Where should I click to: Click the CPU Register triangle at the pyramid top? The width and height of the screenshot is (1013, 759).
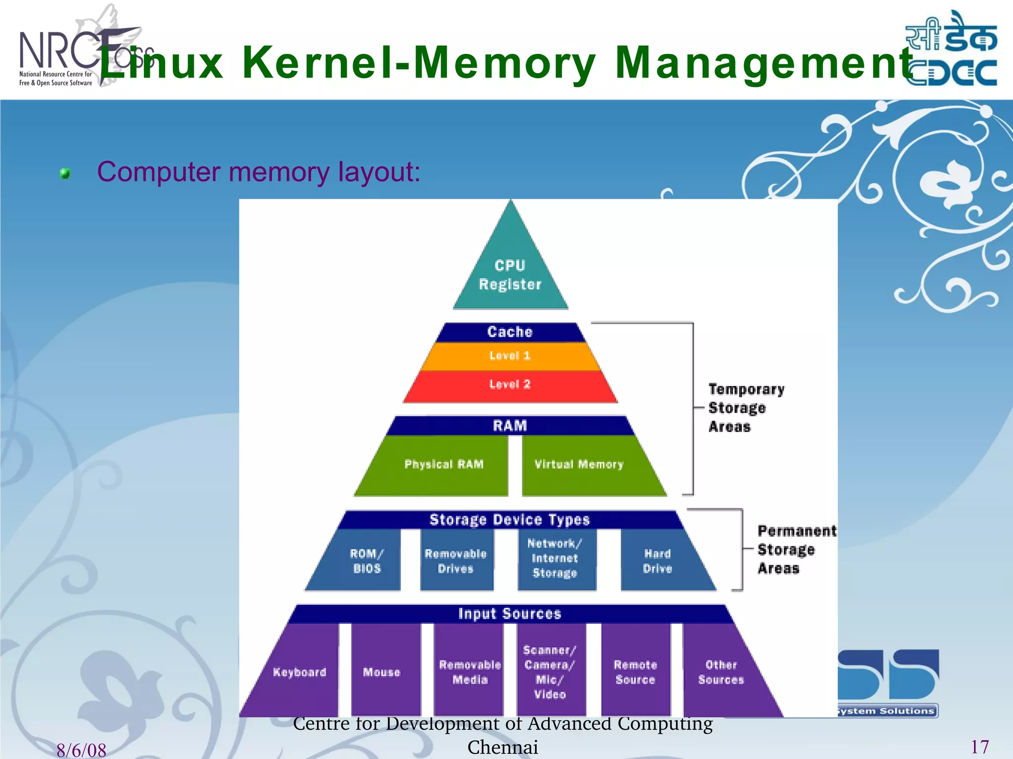click(510, 274)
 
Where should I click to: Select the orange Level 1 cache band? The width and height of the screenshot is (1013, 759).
click(510, 356)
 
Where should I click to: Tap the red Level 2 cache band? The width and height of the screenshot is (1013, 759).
click(510, 384)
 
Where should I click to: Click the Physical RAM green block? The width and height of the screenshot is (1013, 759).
click(443, 464)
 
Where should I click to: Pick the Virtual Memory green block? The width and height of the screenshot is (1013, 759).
click(579, 464)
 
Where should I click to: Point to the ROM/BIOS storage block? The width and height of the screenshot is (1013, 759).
click(367, 561)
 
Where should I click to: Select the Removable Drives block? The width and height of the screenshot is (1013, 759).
click(456, 561)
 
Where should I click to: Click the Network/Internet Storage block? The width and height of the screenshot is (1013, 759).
click(555, 558)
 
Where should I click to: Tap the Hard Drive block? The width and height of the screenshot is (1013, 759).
click(657, 561)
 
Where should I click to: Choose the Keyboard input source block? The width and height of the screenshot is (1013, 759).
click(300, 672)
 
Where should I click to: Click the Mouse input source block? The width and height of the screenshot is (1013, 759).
click(381, 672)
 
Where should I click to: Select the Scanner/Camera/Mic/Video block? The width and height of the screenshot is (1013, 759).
click(550, 672)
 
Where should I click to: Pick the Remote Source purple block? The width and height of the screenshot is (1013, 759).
click(635, 672)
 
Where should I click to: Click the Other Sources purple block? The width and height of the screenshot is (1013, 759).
click(721, 672)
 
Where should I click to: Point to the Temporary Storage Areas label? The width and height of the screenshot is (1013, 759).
click(746, 408)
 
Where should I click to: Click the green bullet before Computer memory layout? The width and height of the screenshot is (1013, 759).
click(65, 173)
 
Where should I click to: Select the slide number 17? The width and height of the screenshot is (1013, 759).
click(979, 747)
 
